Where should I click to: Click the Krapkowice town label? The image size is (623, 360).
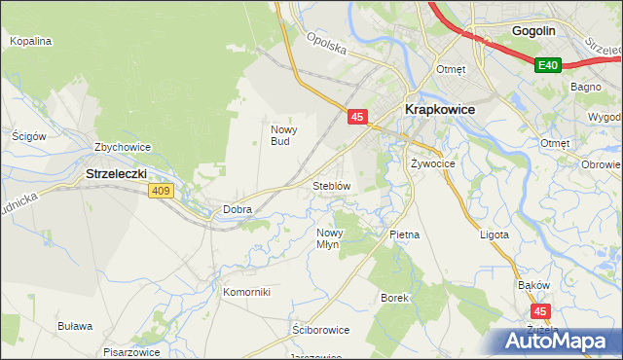439,109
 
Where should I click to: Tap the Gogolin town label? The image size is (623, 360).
534,30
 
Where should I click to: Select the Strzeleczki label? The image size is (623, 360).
116,174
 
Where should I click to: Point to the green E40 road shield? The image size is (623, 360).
548,65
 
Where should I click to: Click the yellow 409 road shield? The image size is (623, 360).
162,191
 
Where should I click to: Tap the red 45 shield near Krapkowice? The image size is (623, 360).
357,117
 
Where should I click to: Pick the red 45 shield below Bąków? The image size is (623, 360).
543,311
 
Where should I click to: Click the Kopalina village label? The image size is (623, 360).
30,42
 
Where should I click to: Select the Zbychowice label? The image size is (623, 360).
122,148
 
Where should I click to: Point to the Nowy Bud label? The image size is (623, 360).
282,135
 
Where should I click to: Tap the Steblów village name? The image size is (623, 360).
331,185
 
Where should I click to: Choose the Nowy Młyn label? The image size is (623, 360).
328,238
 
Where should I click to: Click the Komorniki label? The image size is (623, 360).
245,292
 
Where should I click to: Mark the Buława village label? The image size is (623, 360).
75,326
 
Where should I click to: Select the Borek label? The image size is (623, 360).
393,297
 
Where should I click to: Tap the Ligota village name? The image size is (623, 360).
495,235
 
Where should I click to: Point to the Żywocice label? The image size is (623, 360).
433,163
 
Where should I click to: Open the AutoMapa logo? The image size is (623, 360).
556,341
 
